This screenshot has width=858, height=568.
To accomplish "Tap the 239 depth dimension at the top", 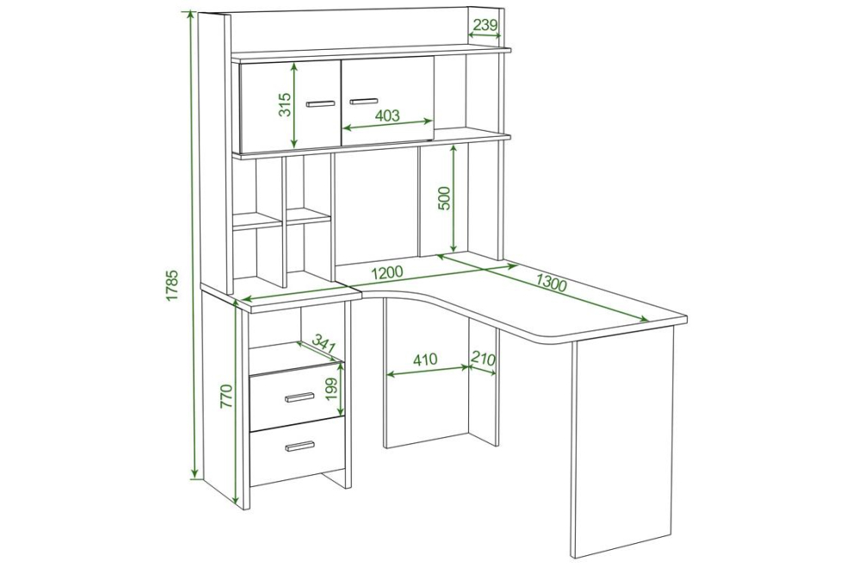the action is pos(485,25).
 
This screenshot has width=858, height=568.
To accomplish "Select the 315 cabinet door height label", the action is pos(285,104).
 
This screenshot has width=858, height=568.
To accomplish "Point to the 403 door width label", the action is pos(388,115).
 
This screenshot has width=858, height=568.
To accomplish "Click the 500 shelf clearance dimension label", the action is pos(444,199).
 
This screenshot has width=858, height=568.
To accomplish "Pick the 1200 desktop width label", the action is pos(387,273).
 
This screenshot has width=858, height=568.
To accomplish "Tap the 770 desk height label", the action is pos(226,397).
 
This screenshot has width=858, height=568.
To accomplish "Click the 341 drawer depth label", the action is pos(324,343).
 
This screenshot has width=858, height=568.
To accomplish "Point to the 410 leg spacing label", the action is pos(425,360).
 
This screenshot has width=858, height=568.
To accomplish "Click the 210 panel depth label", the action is pos(484,360).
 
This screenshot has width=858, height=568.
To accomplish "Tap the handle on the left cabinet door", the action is pos(321,104).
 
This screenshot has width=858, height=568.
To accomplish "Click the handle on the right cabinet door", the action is pos(364,102).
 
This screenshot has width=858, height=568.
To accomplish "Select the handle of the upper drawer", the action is pos(299,398).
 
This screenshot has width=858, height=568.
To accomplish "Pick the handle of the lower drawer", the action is pos(299,447).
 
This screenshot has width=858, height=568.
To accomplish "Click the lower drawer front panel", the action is pos(298,450).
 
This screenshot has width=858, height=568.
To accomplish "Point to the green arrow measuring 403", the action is pos(388,125).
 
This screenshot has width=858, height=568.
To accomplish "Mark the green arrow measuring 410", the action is pos(428,371).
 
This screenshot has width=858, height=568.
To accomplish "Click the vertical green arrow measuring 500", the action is pos(454,198).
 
